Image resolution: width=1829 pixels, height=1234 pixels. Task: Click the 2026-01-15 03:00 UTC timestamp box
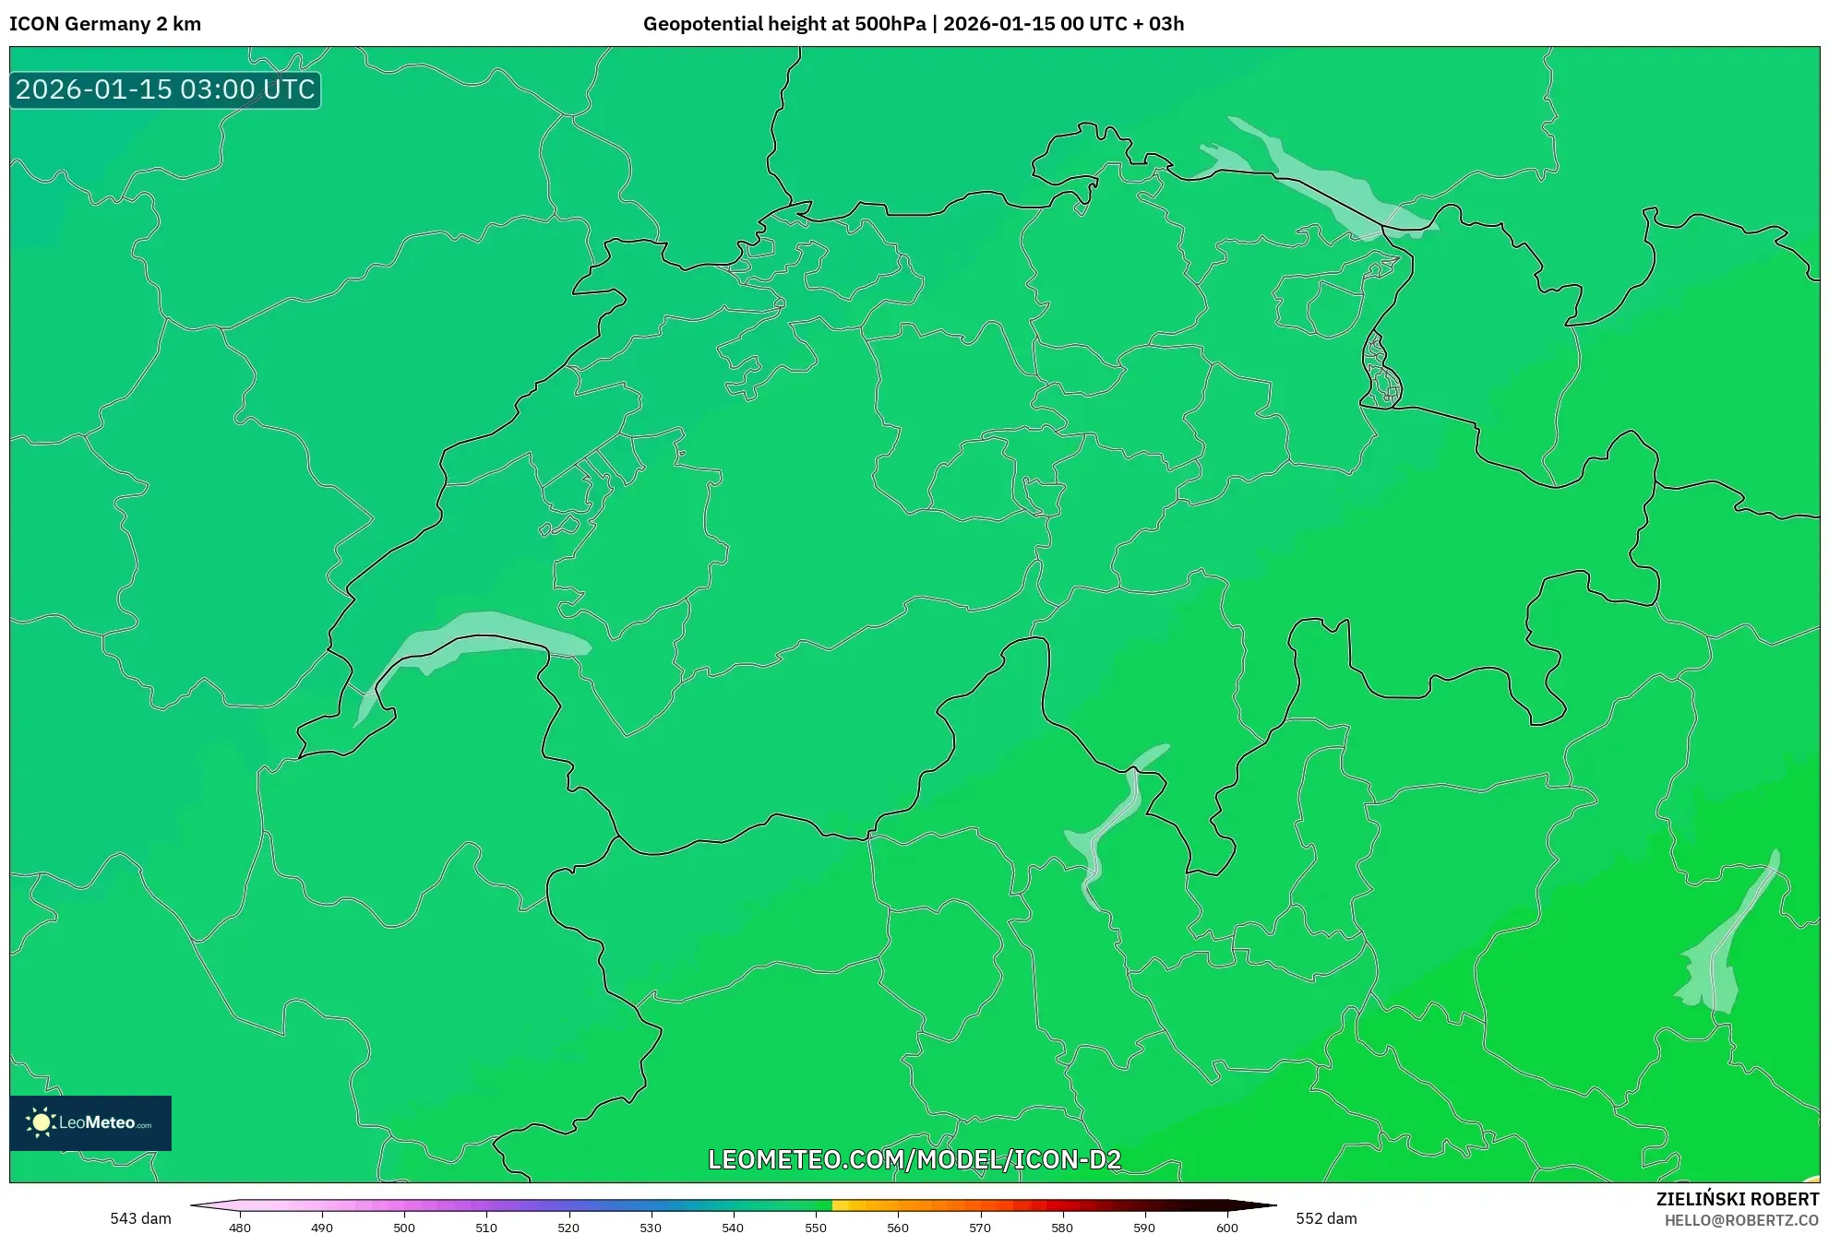click(165, 90)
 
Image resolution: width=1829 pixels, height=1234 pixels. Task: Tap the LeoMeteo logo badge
click(90, 1122)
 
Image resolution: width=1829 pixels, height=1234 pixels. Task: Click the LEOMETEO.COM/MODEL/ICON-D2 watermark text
click(914, 1159)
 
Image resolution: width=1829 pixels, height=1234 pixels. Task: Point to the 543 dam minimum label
click(140, 1218)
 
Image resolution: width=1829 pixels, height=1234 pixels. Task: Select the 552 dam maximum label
click(1326, 1218)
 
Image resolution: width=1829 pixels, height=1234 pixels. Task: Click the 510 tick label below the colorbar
click(486, 1228)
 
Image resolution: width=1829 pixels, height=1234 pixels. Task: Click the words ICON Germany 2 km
click(105, 24)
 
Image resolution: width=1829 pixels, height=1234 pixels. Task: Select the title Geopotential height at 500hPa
click(784, 24)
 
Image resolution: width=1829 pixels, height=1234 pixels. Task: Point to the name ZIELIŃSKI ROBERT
click(1737, 1199)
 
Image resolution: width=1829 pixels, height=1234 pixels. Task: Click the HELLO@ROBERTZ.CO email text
click(1741, 1220)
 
